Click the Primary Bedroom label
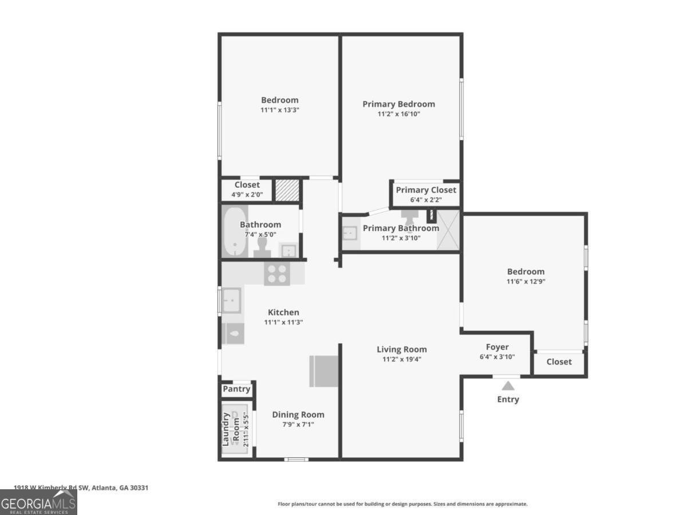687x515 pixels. pyautogui.click(x=398, y=104)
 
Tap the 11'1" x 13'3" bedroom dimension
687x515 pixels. pyautogui.click(x=280, y=110)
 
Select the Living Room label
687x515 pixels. pyautogui.click(x=401, y=349)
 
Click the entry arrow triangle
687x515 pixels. pyautogui.click(x=508, y=386)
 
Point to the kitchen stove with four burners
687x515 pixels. pyautogui.click(x=277, y=274)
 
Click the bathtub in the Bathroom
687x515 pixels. pyautogui.click(x=235, y=232)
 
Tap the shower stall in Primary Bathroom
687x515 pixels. pyautogui.click(x=448, y=230)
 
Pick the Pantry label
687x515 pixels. pyautogui.click(x=236, y=389)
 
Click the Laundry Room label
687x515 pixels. pyautogui.click(x=231, y=429)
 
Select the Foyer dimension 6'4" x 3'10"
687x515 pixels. pyautogui.click(x=497, y=356)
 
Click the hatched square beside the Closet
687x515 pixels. pyautogui.click(x=287, y=191)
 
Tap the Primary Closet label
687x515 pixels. pyautogui.click(x=426, y=190)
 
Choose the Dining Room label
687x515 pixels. pyautogui.click(x=298, y=415)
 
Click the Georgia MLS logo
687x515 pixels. pyautogui.click(x=38, y=502)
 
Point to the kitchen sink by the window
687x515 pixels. pyautogui.click(x=232, y=300)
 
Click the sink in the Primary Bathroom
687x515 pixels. pyautogui.click(x=350, y=233)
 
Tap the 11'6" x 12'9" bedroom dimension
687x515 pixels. pyautogui.click(x=526, y=282)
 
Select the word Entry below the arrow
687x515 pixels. pyautogui.click(x=508, y=399)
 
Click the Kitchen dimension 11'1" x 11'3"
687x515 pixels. pyautogui.click(x=283, y=322)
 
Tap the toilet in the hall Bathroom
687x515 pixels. pyautogui.click(x=262, y=248)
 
